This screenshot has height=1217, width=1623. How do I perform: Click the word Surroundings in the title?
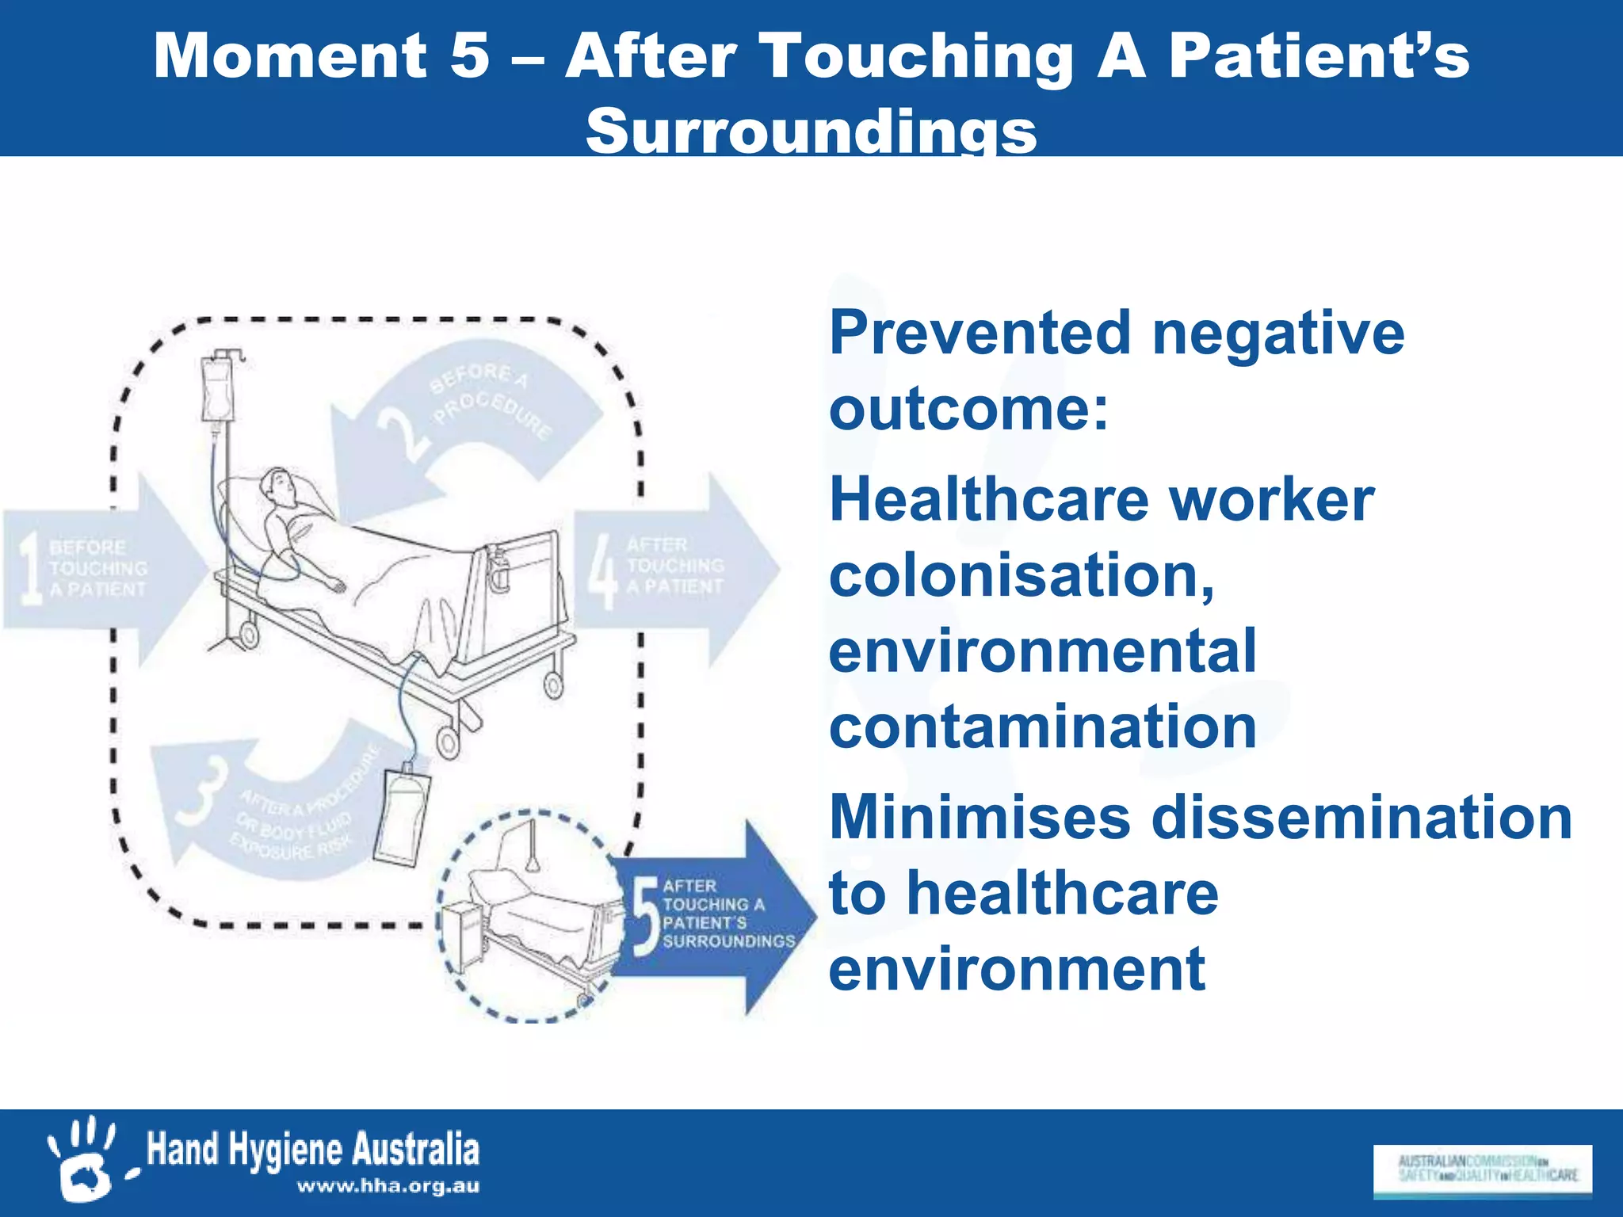tap(811, 132)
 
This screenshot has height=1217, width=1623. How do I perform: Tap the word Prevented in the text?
tap(980, 333)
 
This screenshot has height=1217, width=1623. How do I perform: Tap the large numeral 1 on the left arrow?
tap(30, 569)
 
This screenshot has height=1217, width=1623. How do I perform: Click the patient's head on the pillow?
tap(280, 485)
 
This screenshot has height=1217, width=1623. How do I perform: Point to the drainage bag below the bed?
tap(403, 816)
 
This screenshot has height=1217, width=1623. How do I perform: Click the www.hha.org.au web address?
tap(388, 1186)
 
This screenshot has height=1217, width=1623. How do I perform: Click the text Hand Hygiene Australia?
tap(313, 1150)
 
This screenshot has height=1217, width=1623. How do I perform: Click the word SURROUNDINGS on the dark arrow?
tap(728, 941)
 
